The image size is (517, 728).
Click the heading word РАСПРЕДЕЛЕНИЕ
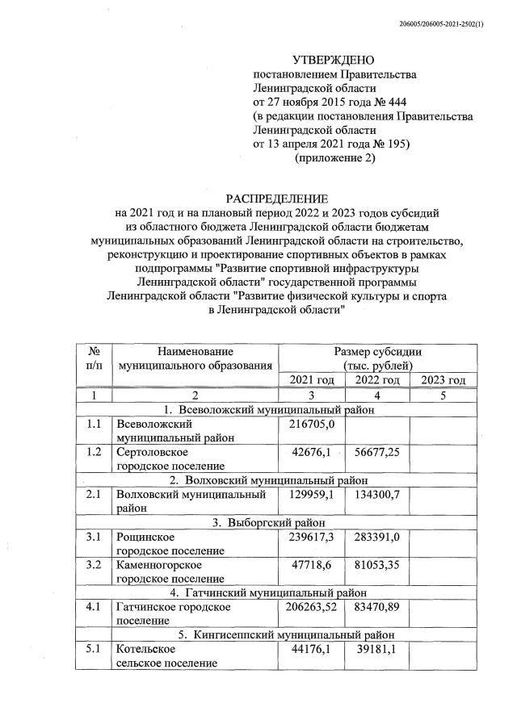(x=276, y=199)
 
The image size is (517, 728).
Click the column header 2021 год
(x=312, y=380)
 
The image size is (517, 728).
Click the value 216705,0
(x=312, y=424)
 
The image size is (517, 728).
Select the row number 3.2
(x=94, y=565)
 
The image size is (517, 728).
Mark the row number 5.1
(x=94, y=649)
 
